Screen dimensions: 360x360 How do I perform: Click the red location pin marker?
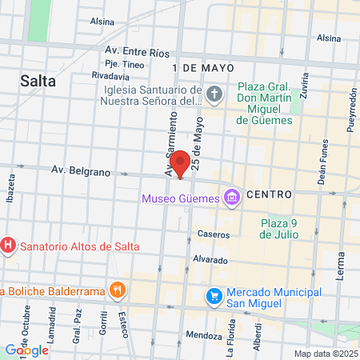tap(180, 162)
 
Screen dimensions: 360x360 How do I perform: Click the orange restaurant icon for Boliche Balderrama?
tap(117, 290)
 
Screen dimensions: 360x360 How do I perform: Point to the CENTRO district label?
tap(270, 194)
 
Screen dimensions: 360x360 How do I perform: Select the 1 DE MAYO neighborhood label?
tap(198, 68)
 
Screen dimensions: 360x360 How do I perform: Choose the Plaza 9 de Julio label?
tap(278, 229)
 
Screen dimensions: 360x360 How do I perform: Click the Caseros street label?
tap(214, 235)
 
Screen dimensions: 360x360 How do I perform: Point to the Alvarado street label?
tap(210, 260)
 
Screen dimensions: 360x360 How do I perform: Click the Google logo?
tap(26, 350)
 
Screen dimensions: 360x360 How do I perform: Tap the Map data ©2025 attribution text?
tap(324, 354)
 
